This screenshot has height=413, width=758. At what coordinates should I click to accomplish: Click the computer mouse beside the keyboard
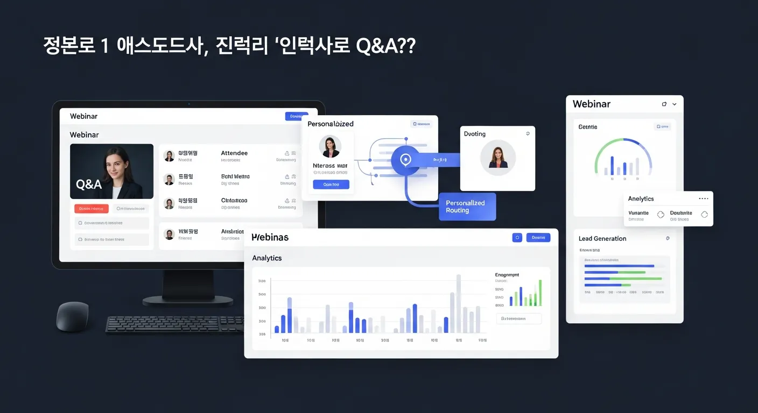pos(73,316)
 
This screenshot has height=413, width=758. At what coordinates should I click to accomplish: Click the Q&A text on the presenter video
pos(89,184)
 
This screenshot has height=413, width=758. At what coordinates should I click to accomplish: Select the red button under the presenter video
pos(92,209)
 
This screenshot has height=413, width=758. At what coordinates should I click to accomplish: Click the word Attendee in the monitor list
pos(234,153)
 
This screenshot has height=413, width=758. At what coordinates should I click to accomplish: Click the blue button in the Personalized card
pos(331,184)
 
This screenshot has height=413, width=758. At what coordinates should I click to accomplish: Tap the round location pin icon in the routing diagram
pos(405,160)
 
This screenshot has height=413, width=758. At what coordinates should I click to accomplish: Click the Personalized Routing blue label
pos(466,206)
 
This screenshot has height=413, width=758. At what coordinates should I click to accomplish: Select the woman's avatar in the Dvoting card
pos(498,158)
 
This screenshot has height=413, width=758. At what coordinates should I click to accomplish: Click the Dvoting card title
pos(475,134)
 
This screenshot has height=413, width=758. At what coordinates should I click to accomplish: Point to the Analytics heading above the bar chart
pos(267,258)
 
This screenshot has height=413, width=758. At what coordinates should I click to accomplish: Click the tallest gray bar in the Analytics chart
pos(459,303)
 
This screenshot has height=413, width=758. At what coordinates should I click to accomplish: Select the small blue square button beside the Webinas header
pos(517,237)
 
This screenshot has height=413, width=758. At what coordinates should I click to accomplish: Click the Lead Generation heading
pos(602,239)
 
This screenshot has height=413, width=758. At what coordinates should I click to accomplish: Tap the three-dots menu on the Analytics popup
pos(703,199)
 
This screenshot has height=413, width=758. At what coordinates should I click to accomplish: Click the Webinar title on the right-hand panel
pos(592,104)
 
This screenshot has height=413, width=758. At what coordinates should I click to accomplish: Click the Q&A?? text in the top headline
pos(385,46)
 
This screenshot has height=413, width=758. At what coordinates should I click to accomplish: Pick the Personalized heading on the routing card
pos(331,124)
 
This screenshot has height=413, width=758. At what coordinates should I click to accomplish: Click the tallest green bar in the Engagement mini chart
pos(540,293)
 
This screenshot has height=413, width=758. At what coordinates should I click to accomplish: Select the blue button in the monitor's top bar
pos(296,116)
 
